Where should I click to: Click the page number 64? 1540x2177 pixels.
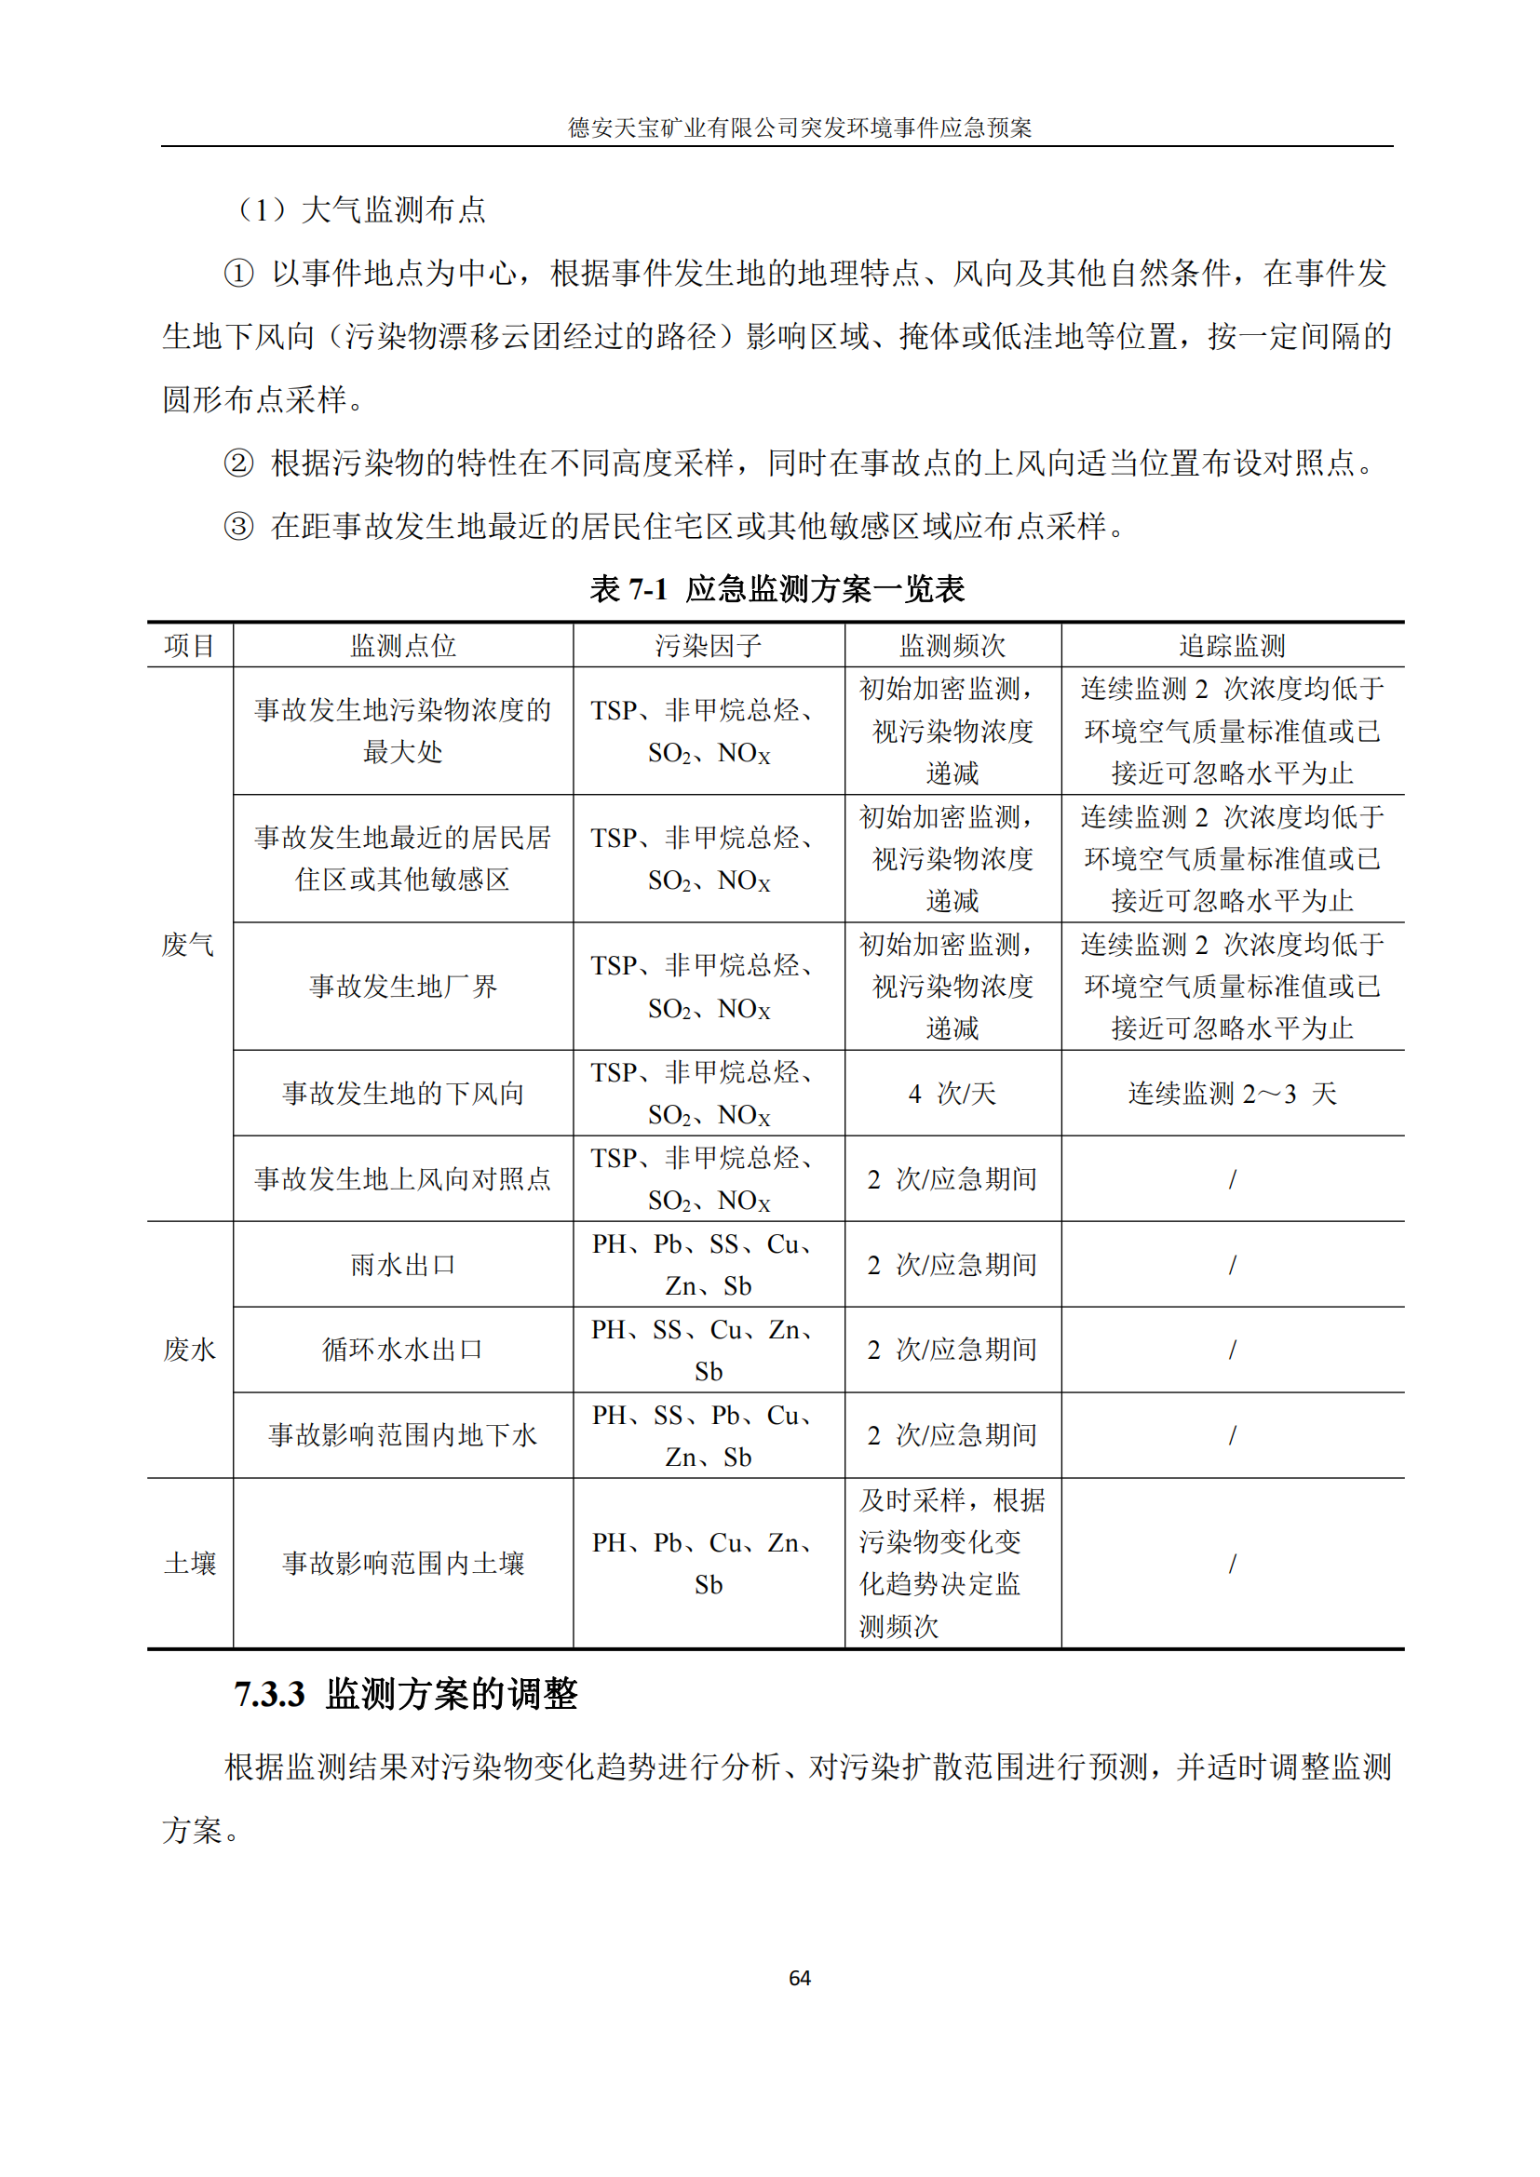(800, 1977)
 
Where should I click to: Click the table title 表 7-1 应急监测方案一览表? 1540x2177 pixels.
(777, 589)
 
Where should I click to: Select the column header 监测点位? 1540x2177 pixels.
(403, 646)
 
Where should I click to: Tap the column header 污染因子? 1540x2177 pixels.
(709, 646)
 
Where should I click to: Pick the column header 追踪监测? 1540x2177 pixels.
(1232, 646)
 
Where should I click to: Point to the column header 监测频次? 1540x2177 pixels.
(952, 646)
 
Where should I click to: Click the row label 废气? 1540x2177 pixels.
(188, 945)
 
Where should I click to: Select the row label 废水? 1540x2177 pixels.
(190, 1350)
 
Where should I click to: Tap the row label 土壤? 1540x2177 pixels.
(190, 1564)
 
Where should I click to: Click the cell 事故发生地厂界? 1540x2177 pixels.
(403, 986)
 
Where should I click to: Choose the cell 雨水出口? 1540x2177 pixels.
(403, 1265)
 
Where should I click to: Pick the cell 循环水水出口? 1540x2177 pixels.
(403, 1350)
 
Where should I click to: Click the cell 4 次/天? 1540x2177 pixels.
(952, 1094)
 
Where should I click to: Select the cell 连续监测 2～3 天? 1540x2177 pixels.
(1232, 1094)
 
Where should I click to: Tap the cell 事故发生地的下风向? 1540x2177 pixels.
(403, 1094)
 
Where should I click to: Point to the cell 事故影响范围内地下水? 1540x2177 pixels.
(403, 1434)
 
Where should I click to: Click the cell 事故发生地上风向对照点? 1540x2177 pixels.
(403, 1178)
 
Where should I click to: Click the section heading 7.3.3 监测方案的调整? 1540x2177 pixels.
(406, 1694)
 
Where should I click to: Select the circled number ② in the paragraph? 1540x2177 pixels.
(239, 463)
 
